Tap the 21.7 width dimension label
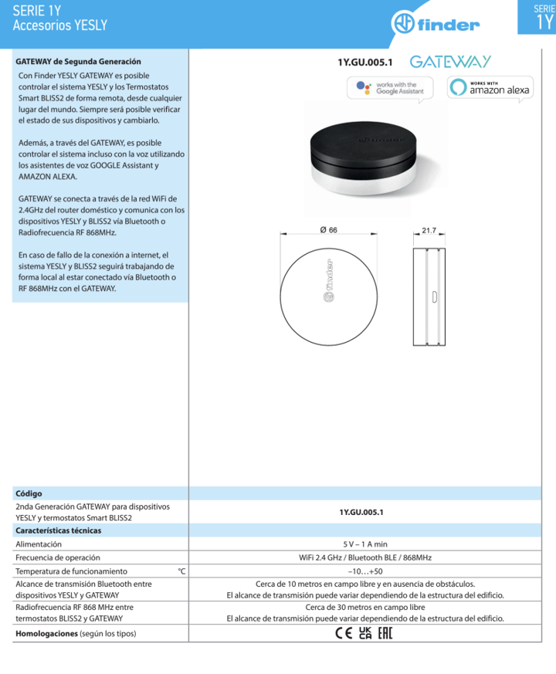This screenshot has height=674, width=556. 430,230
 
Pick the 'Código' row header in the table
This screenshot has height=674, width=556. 29,493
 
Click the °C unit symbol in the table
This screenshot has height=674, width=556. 181,571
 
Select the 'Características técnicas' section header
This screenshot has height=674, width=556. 59,530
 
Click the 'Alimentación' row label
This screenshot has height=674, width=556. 39,544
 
